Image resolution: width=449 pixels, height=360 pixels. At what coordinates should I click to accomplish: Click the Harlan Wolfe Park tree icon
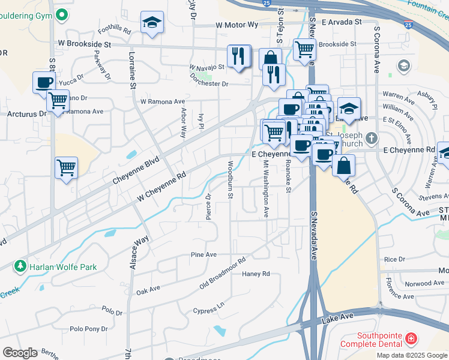20,266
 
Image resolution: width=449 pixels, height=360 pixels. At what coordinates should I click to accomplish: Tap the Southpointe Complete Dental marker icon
410,339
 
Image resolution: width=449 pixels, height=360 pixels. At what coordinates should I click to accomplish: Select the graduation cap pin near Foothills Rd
152,23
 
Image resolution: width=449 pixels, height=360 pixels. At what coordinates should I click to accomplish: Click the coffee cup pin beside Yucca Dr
44,82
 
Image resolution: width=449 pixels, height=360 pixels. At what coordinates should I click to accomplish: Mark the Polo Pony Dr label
89,329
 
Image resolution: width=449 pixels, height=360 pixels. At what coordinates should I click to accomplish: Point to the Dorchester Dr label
209,84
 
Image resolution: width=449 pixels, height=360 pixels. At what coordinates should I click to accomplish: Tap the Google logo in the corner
20,353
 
